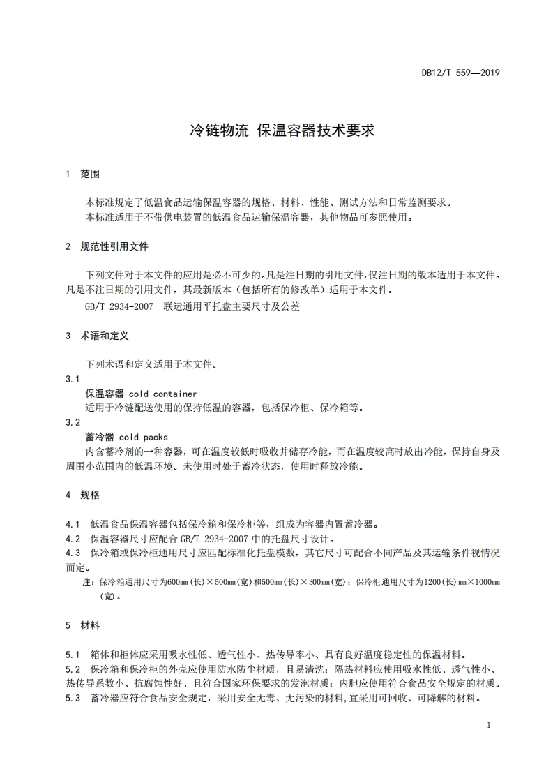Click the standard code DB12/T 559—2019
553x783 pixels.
pos(461,73)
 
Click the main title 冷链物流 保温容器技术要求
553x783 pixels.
pos(282,130)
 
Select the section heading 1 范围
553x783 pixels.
pos(82,174)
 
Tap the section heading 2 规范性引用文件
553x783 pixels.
pos(106,246)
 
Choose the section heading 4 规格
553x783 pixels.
pos(82,495)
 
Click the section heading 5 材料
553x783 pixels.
pos(82,626)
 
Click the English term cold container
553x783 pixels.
pos(163,394)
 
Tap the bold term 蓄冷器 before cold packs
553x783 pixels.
pos(99,437)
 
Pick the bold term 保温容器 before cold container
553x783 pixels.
pos(104,394)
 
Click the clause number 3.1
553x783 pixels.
pos(73,379)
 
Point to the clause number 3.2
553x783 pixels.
pos(73,422)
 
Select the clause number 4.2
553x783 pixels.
pos(73,538)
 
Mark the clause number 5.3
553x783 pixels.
pos(73,698)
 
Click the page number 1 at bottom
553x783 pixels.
pos(489,725)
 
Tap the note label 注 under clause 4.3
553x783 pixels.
pos(87,581)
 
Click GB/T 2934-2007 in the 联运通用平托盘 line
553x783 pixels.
pos(119,306)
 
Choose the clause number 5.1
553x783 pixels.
pos(73,655)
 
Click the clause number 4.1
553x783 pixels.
pos(73,523)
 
